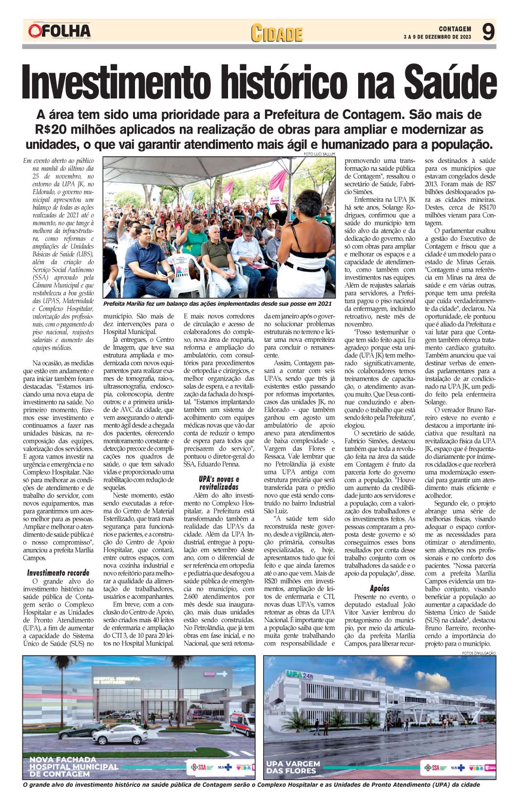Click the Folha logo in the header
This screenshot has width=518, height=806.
click(x=59, y=31)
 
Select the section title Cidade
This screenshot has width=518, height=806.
click(x=277, y=33)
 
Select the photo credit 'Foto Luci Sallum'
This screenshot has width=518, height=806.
click(x=319, y=154)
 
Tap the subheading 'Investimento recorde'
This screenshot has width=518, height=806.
click(x=58, y=572)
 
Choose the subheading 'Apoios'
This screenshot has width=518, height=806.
click(x=380, y=588)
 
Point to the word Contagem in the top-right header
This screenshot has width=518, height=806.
click(x=455, y=29)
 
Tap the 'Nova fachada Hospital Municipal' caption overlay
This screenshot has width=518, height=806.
click(x=73, y=766)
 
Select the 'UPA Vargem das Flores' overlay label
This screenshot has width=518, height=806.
click(x=293, y=767)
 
